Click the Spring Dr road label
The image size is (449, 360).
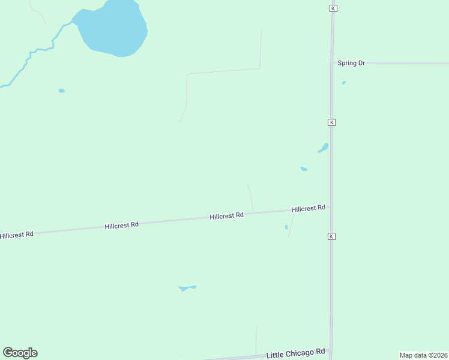pos(351,63)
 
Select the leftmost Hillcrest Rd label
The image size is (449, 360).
pos(17,235)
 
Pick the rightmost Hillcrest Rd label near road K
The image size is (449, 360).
pos(309,208)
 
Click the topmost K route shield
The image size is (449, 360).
pos(333,8)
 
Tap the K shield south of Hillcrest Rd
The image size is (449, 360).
pos(331,236)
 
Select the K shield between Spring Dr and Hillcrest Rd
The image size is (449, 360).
pos(331,122)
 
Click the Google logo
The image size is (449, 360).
pos(20,353)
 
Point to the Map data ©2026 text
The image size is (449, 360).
pos(423,355)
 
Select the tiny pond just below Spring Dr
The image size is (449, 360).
pos(343,83)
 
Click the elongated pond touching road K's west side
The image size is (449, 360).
pos(324,148)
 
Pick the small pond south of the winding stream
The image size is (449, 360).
pos(61,91)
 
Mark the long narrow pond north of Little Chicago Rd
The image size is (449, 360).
pos(187,288)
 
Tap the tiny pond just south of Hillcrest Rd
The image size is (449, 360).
pos(286,227)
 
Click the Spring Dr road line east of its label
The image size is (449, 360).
pos(408,63)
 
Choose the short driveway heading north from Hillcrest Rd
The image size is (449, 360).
pos(250,198)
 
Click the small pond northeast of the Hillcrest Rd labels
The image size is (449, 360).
pos(304,169)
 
